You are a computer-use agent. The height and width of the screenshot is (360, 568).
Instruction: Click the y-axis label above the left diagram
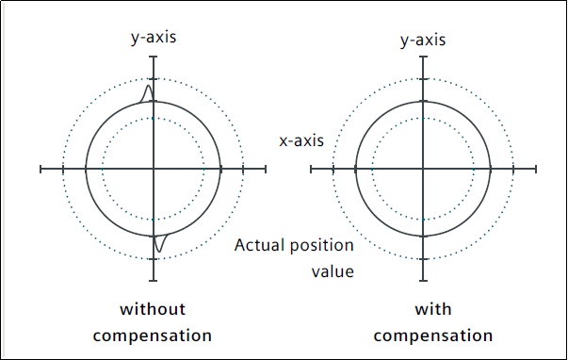click(x=154, y=38)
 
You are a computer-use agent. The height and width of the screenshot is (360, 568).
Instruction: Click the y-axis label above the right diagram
click(x=423, y=40)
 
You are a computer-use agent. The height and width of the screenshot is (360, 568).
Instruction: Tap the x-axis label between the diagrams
click(x=301, y=140)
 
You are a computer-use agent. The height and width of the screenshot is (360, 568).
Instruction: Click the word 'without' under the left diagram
click(x=153, y=309)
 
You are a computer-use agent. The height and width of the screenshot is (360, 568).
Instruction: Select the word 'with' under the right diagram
click(x=433, y=309)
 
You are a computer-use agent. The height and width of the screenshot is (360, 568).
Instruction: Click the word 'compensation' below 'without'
click(x=153, y=335)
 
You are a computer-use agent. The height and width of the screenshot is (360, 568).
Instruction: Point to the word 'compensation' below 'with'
click(x=433, y=335)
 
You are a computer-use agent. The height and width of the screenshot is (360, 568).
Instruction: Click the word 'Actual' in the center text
click(x=260, y=245)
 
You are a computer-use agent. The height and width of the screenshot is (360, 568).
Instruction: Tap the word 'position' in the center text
click(x=322, y=246)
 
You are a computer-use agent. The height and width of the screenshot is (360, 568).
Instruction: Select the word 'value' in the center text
click(x=333, y=272)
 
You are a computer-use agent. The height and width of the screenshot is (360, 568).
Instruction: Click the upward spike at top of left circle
click(x=148, y=93)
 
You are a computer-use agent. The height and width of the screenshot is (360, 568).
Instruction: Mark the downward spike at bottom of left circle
click(x=159, y=243)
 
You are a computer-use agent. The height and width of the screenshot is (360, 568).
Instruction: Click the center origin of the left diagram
click(x=154, y=169)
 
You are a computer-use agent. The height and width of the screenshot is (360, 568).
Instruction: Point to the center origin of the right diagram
click(x=423, y=169)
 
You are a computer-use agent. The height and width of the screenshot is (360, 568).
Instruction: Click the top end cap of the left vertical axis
click(x=154, y=57)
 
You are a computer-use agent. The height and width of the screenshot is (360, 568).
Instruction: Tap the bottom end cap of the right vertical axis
click(x=423, y=281)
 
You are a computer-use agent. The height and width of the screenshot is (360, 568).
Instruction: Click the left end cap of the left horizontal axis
click(x=41, y=169)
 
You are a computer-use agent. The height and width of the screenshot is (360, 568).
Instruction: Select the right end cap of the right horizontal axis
click(x=535, y=169)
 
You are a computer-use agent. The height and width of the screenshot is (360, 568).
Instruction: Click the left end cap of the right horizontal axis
click(x=311, y=169)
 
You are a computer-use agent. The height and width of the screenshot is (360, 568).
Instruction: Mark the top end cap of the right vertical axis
click(x=423, y=57)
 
